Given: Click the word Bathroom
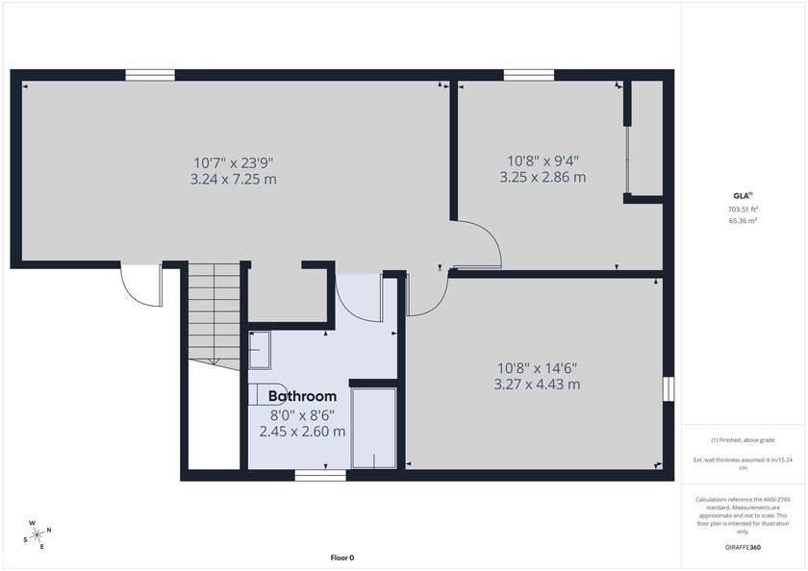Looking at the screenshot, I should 302,396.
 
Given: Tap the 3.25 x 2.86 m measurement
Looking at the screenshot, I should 543,178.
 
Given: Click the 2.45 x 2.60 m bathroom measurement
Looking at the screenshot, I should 302,432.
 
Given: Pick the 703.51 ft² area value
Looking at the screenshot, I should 742,209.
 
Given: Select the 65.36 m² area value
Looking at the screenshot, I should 742,220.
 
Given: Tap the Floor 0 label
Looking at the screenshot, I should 342,558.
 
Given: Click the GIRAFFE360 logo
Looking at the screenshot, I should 742,546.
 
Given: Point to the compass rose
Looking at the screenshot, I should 38,534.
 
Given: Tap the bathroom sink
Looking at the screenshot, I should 261,350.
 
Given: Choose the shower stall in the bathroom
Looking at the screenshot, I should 373,428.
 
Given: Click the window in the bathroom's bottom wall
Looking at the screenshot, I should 319,475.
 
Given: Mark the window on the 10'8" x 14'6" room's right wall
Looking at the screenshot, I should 668,387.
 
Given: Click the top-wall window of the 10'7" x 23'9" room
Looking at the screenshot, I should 150,74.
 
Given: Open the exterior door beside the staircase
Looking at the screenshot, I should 140,285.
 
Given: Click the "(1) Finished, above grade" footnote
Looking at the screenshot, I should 742,440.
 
